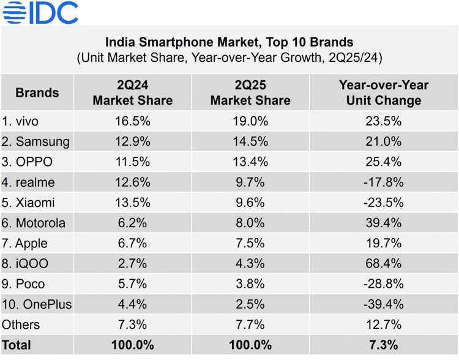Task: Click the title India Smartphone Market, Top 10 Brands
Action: (229, 42)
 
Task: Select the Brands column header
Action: (37, 93)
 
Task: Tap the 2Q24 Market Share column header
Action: (132, 93)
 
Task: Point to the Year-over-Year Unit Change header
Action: (384, 93)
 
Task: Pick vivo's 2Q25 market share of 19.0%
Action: (250, 121)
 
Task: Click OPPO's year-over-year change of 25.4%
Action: (384, 162)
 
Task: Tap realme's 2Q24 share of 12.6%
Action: (132, 182)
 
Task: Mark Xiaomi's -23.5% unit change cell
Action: (384, 203)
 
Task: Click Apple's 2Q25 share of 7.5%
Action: (250, 243)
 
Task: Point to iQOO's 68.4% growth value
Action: (384, 264)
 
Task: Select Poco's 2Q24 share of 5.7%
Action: (132, 284)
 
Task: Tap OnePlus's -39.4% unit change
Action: (384, 304)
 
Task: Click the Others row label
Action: (21, 324)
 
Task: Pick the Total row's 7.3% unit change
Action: (384, 345)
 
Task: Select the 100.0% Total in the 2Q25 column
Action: (250, 345)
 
